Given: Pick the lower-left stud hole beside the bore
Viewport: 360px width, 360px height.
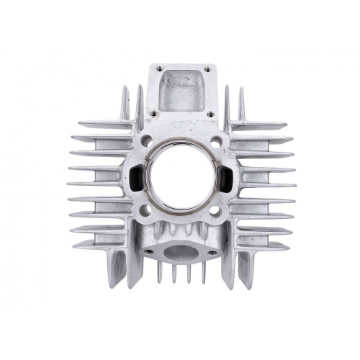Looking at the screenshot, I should (147, 210).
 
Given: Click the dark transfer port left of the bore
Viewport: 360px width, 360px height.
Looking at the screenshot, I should (135, 175).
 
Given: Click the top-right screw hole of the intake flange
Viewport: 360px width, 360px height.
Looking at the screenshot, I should (208, 70).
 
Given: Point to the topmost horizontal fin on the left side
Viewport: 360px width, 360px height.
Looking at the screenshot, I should (101, 125).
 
